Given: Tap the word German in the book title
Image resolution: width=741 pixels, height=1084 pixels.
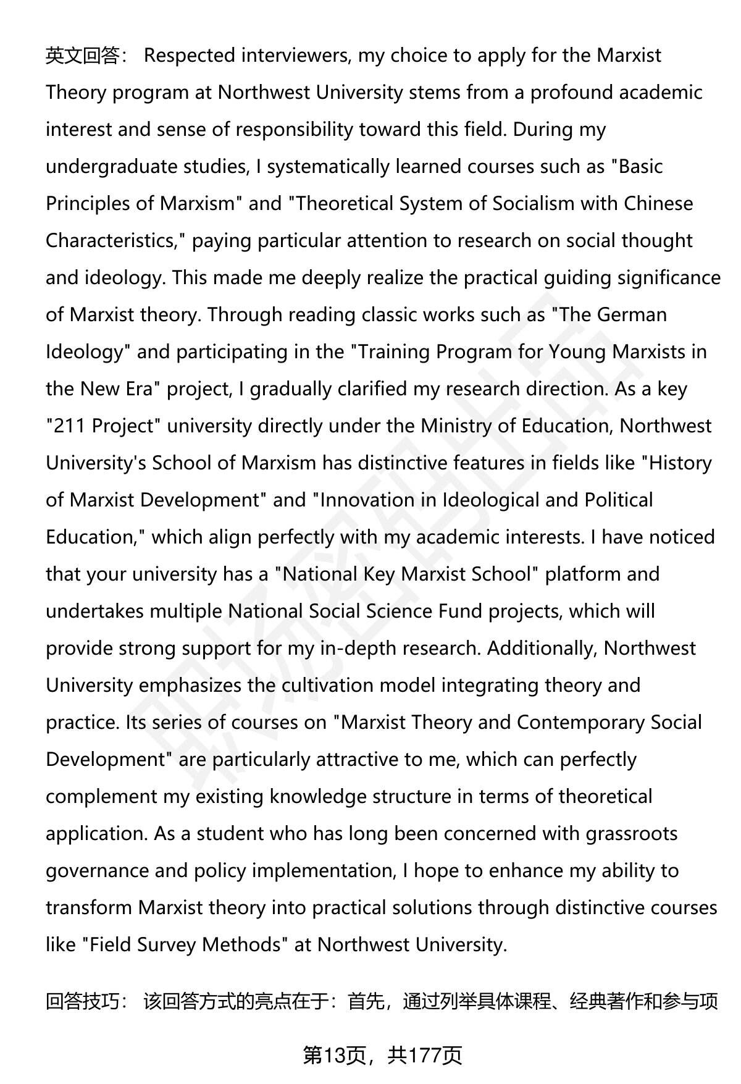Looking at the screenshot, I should coord(632,315).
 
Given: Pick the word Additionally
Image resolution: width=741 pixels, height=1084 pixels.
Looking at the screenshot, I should coord(542,649).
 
